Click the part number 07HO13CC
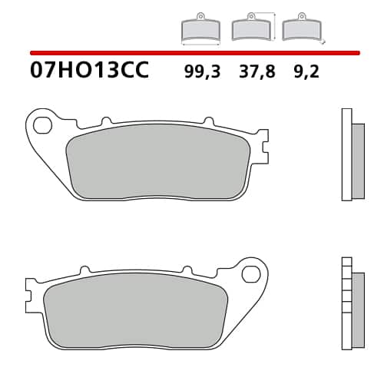tap(89, 72)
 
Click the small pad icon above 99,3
tap(200, 29)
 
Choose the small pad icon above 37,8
tap(250, 28)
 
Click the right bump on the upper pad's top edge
tap(207, 121)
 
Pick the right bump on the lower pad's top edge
tap(185, 272)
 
